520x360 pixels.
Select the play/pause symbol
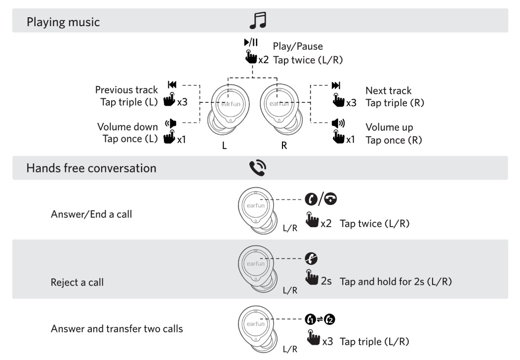pos(251,43)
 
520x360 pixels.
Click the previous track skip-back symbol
pos(172,85)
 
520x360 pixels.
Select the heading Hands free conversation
pos(91,168)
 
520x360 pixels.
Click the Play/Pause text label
pos(298,46)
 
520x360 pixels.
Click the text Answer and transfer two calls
pos(117,328)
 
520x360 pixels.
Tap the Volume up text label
pos(389,127)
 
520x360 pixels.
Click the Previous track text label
pos(126,90)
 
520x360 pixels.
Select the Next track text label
pos(388,91)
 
